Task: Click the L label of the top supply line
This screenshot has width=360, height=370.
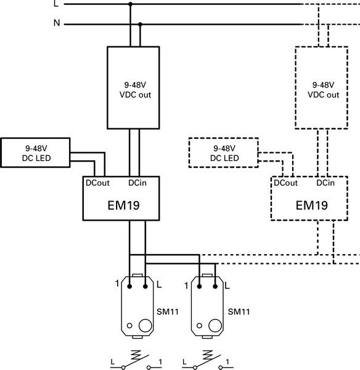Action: coord(57,4)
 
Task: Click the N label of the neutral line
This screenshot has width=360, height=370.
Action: coord(57,24)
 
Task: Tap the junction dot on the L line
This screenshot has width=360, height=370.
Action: coord(129,4)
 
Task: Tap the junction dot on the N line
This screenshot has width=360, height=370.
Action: coord(141,25)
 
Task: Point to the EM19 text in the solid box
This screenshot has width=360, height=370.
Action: coord(121,205)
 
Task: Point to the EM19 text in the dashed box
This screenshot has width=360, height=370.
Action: coord(311,205)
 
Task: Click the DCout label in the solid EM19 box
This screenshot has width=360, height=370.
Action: coord(98,183)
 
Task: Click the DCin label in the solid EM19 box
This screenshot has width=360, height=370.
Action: coord(137,183)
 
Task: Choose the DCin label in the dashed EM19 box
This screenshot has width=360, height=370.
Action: coord(325,183)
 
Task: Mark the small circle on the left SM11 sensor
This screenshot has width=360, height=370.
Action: coord(129,324)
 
